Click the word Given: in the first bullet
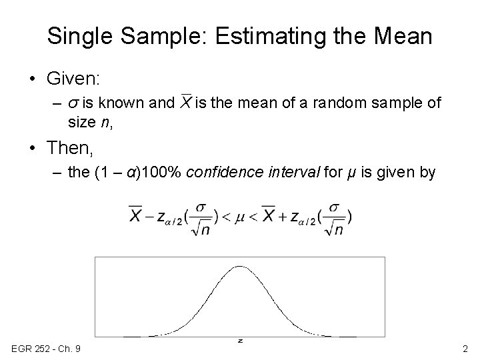tap(73, 79)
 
